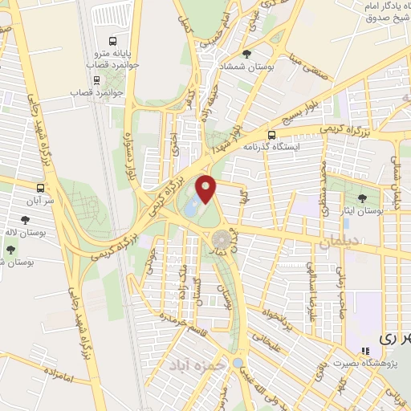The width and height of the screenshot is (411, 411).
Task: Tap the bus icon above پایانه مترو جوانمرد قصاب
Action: pos(113,40)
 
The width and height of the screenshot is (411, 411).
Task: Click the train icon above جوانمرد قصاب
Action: pos(97,79)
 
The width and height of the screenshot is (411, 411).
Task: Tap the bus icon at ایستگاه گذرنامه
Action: pos(272,135)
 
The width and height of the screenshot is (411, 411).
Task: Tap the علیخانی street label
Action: pos(271,347)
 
